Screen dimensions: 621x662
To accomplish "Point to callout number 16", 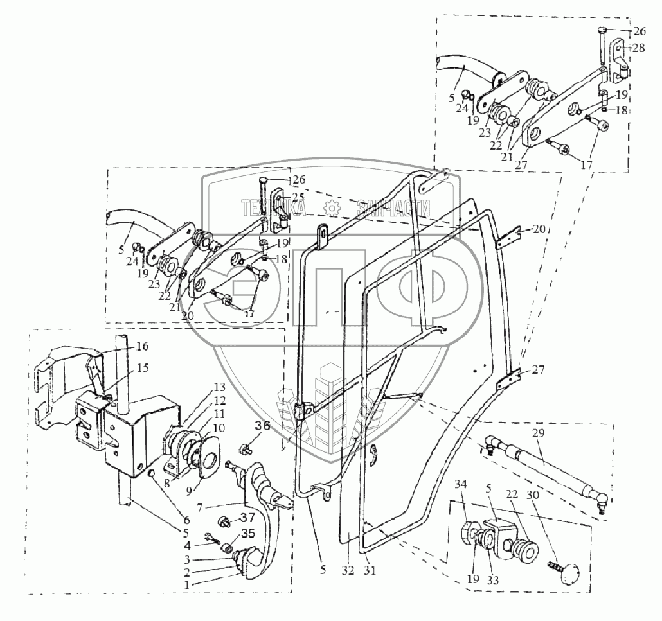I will pyautogui.click(x=142, y=346).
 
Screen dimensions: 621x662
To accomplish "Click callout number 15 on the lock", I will pyautogui.click(x=142, y=369).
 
